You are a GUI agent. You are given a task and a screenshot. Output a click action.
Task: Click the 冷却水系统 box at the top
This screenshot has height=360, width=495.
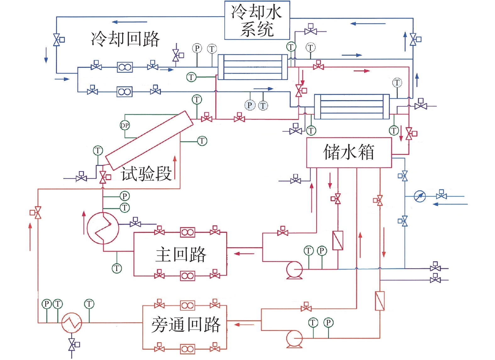coord(257,20)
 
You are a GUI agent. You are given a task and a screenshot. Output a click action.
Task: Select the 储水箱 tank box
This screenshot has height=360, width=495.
coord(349,153)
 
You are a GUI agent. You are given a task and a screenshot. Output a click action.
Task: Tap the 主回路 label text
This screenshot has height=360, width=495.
coord(181,254)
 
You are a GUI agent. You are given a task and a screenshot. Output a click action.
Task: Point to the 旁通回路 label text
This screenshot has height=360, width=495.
coord(186,325)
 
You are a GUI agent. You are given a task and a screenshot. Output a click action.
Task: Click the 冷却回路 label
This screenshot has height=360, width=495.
coord(125,39)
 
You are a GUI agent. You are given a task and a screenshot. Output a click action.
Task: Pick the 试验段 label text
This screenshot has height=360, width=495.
coord(146,174)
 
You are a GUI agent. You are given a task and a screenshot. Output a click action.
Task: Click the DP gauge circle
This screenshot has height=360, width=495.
coord(125,125)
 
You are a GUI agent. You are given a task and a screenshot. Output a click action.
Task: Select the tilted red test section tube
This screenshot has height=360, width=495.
coord(149,140)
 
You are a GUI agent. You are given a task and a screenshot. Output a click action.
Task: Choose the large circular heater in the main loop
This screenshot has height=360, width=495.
coord(103,228)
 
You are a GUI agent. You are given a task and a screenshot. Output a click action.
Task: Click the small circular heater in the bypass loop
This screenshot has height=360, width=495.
coord(72,323)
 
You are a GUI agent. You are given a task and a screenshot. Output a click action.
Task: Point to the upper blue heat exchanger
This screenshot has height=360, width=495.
coord(253,67)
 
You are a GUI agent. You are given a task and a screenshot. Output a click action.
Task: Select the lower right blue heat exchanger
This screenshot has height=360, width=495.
coord(352,107)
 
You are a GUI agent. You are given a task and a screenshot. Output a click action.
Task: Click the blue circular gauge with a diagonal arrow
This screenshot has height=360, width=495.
coord(420,196)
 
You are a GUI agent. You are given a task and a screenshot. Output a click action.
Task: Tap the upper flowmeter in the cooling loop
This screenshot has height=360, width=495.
coord(125,67)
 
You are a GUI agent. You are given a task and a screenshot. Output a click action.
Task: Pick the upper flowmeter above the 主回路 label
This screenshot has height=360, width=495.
coord(188,232)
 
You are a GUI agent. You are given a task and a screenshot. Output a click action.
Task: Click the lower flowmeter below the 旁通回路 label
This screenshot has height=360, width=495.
coord(188,349)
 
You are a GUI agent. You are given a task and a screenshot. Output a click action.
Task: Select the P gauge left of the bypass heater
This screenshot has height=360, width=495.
coord(47,304)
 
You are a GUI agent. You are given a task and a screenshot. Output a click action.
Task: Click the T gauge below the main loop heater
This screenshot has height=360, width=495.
coord(117,268)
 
